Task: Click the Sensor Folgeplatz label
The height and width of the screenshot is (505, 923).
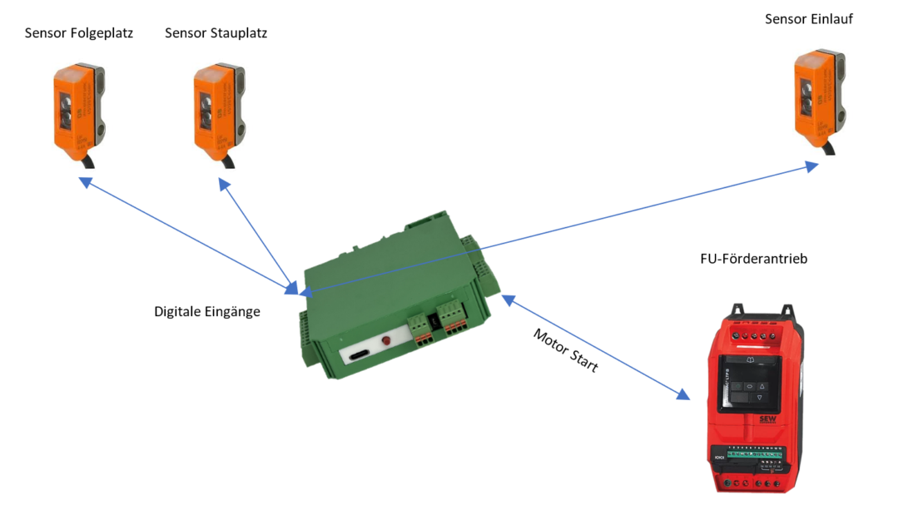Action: click(79, 33)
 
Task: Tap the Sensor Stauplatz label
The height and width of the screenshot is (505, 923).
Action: click(216, 33)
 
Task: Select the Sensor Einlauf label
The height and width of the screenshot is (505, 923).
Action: click(809, 18)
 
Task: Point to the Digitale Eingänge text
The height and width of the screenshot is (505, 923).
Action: click(207, 312)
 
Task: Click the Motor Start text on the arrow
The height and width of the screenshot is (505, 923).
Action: click(565, 350)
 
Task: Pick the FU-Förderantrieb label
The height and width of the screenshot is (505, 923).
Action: click(754, 259)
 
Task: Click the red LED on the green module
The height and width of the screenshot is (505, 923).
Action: click(385, 342)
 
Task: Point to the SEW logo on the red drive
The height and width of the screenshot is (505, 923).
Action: click(767, 420)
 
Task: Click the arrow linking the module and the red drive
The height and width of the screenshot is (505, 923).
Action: click(595, 346)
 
